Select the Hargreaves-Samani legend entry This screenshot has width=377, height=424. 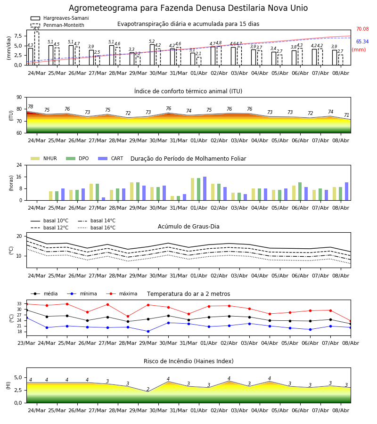coord(60,18)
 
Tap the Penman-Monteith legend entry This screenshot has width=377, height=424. coord(57,25)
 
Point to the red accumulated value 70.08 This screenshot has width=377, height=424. coord(362,29)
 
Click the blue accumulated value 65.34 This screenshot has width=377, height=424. coord(362,41)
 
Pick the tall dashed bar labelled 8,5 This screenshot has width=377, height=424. coord(36,48)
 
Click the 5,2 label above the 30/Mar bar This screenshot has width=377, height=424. coord(152,41)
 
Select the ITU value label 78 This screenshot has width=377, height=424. coord(31,106)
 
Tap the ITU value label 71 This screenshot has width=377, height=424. coord(346,115)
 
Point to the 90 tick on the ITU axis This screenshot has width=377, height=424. coord(19,98)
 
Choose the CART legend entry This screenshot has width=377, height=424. coord(111,158)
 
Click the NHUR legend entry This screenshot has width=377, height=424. coord(44,158)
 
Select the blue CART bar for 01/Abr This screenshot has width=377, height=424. coord(205,188)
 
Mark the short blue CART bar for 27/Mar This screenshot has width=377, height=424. coord(103,199)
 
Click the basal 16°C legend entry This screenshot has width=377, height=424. coord(97,228)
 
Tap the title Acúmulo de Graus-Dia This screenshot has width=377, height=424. coord(188,227)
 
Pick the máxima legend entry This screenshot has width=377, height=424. coord(122,294)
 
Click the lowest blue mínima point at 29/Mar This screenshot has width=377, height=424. coord(148,331)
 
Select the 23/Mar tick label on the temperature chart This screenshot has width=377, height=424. coord(26,343)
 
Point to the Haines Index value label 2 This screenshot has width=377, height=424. coord(148,389)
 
